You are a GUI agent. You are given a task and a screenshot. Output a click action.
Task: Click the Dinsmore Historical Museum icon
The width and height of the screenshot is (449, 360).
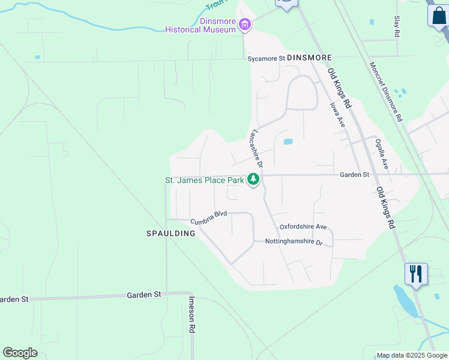click(x=244, y=25)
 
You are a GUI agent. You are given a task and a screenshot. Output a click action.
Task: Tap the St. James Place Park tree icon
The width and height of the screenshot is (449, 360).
click(x=253, y=179)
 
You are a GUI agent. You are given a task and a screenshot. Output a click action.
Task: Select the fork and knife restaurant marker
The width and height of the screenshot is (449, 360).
click(x=416, y=274)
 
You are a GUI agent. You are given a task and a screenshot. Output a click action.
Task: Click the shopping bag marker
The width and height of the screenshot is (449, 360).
click(x=438, y=15)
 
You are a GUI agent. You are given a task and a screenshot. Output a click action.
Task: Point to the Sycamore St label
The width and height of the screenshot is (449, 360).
click(x=266, y=58)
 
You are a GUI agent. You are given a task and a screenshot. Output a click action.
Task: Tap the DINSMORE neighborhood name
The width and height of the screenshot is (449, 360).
click(x=309, y=58)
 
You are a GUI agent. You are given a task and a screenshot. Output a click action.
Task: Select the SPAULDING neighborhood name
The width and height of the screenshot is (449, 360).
click(x=171, y=233)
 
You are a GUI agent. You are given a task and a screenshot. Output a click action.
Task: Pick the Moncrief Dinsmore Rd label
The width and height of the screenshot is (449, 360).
click(x=385, y=92)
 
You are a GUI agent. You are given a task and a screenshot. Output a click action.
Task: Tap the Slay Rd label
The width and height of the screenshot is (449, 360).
click(x=397, y=27)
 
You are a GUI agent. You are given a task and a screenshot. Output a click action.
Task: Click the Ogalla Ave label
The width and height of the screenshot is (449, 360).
click(x=382, y=154)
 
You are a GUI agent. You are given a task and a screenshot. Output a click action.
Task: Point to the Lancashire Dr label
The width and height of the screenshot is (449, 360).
click(x=258, y=148)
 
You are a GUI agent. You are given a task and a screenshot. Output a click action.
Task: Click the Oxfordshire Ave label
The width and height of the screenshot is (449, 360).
click(x=303, y=227)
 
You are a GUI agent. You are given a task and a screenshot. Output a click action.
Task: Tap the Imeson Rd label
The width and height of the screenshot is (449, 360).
click(x=191, y=314)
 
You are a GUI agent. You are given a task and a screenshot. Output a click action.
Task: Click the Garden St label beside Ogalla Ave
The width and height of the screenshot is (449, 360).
click(x=354, y=175)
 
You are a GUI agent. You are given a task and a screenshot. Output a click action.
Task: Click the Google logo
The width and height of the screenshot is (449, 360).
click(x=20, y=353)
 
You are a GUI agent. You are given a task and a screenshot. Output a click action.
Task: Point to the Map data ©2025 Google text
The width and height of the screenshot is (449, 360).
click(x=412, y=355)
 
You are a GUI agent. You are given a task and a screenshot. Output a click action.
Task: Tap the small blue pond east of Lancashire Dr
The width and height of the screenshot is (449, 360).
click(x=288, y=142)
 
